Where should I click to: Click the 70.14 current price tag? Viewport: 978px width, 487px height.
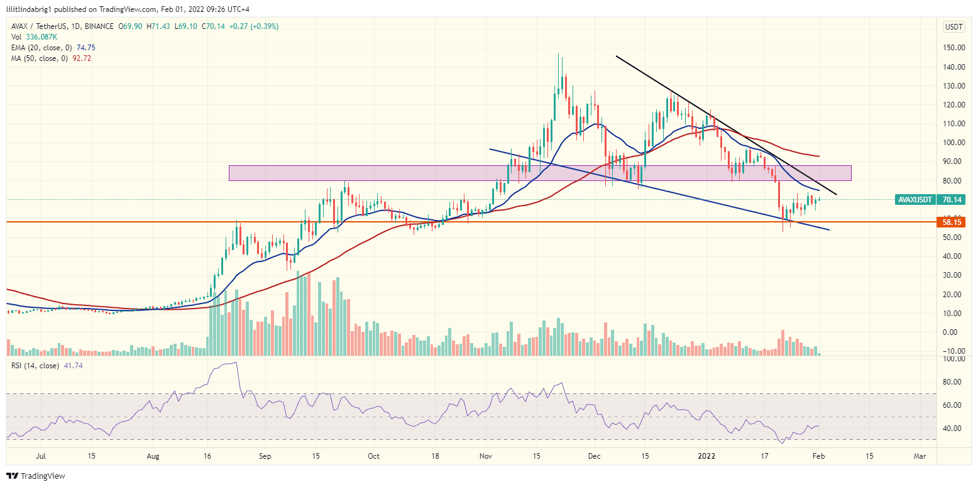(x=954, y=200)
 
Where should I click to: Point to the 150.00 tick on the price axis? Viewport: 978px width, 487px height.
(x=953, y=48)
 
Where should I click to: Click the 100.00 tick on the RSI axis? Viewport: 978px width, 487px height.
(x=953, y=359)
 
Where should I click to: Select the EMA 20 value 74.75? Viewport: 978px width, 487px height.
(x=85, y=48)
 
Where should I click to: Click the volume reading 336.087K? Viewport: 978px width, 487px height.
(x=41, y=37)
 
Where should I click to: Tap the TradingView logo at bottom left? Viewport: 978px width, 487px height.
(x=36, y=476)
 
